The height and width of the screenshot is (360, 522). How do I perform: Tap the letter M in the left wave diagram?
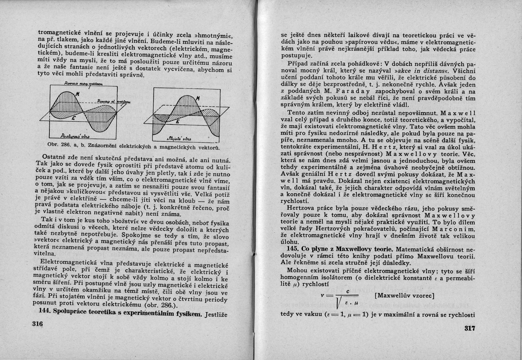pyautogui.click(x=77, y=95)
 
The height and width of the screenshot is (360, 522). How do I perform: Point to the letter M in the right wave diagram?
pyautogui.click(x=198, y=98)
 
